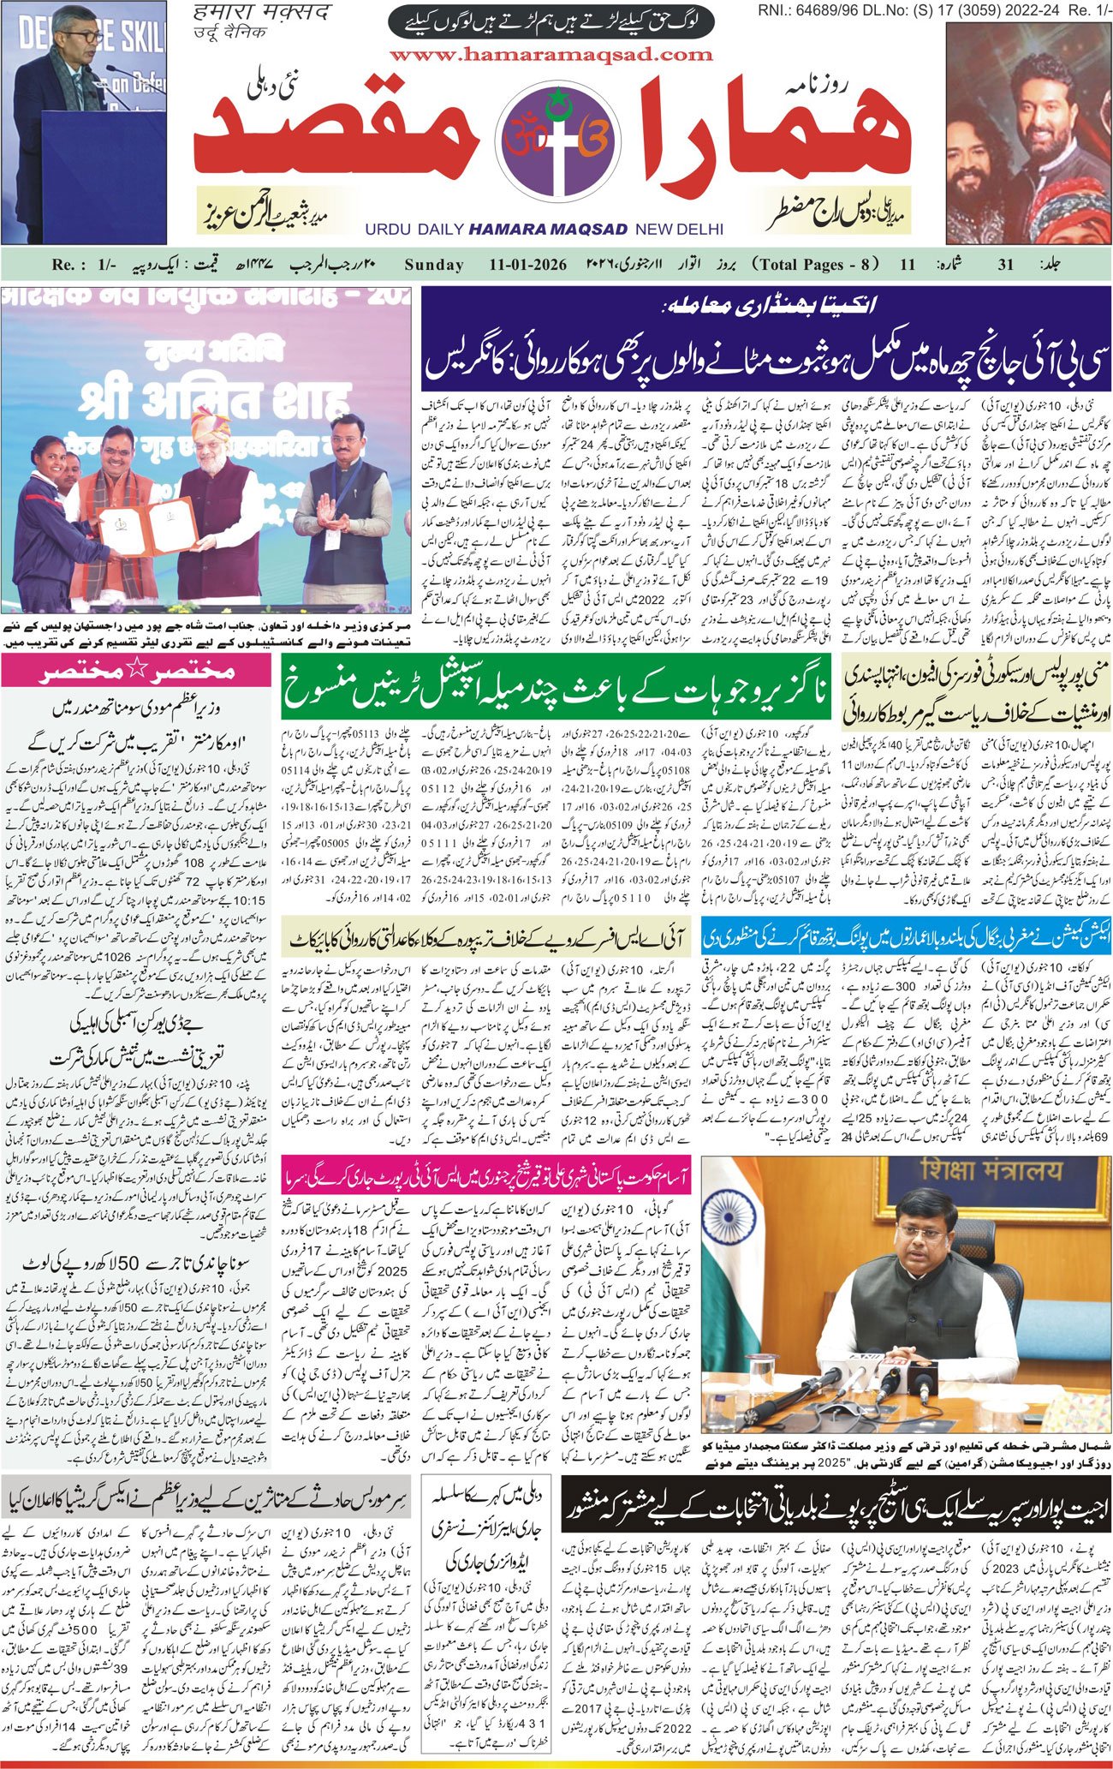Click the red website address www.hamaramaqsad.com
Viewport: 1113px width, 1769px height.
tap(551, 55)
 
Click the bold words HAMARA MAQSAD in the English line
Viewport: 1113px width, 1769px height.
tap(548, 230)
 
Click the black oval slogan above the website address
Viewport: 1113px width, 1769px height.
tap(551, 21)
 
